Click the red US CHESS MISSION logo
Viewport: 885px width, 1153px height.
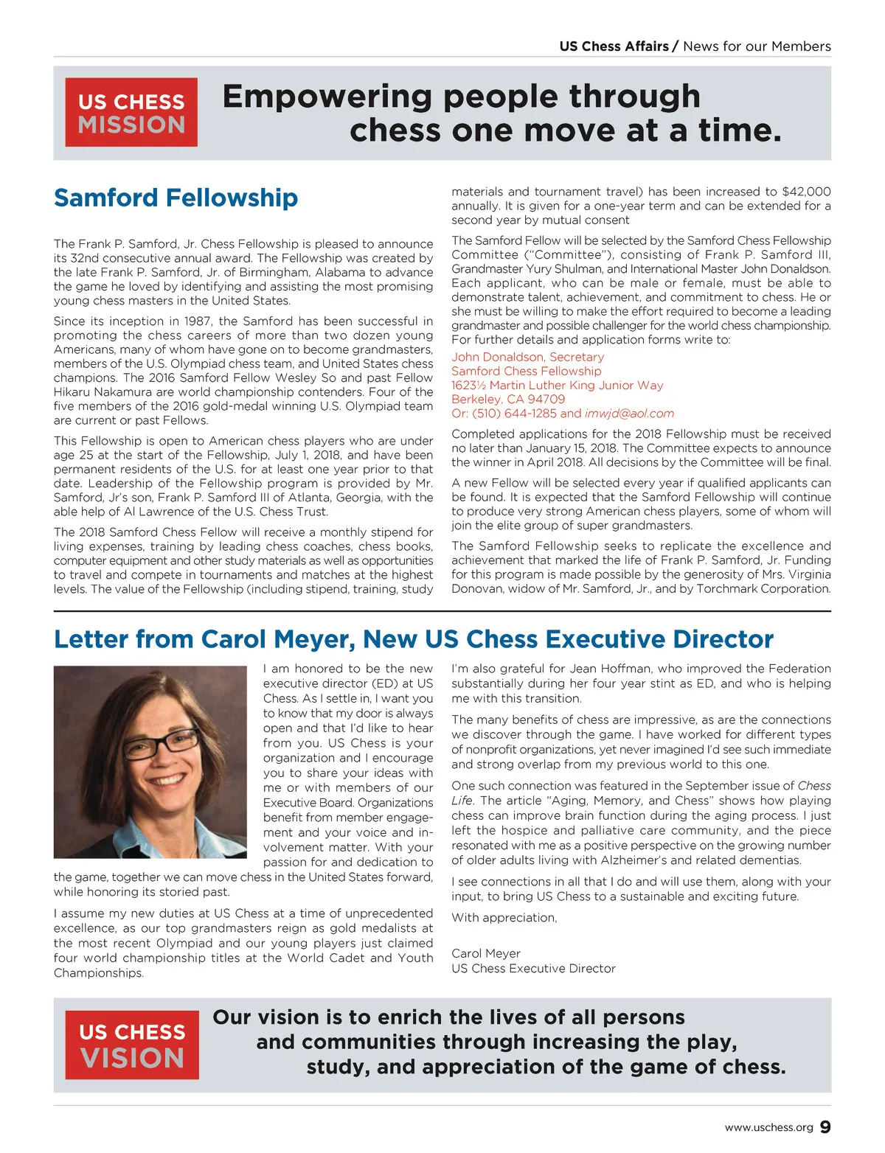[131, 112]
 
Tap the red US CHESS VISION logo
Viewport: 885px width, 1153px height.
[132, 1044]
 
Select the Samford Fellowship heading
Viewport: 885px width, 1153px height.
[176, 198]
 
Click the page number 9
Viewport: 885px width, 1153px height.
[825, 1127]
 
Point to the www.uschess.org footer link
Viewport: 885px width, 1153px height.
[768, 1128]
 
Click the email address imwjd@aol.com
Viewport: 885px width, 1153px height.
[629, 414]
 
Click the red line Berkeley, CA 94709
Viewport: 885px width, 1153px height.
[508, 400]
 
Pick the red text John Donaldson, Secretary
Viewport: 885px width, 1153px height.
[527, 357]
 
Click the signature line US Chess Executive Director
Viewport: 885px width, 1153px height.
[533, 969]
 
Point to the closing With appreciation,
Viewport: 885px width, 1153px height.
[504, 918]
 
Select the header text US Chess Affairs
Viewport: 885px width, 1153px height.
[614, 46]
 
